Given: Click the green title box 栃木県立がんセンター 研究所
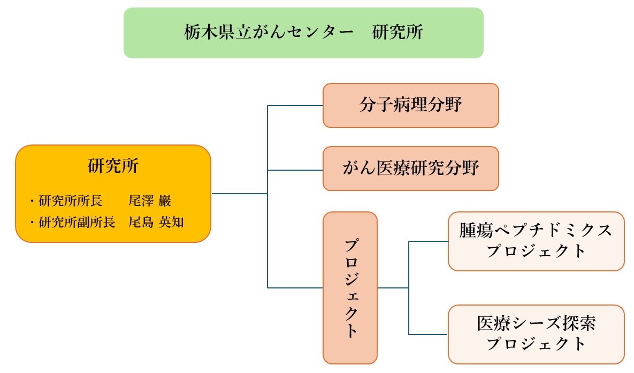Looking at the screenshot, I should pyautogui.click(x=303, y=33).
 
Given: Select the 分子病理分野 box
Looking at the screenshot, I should pyautogui.click(x=410, y=105).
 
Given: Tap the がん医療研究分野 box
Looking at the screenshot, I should pyautogui.click(x=410, y=169).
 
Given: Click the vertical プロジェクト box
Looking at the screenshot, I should pyautogui.click(x=350, y=288).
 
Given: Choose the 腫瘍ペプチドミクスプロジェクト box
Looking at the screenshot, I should pyautogui.click(x=536, y=241).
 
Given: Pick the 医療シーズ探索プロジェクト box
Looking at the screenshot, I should pyautogui.click(x=536, y=334).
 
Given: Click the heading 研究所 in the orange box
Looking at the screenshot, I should pyautogui.click(x=113, y=166).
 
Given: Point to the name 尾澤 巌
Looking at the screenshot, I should pyautogui.click(x=150, y=202).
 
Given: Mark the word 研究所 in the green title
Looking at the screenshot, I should pyautogui.click(x=399, y=33).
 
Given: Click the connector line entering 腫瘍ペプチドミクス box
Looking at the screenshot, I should pyautogui.click(x=428, y=241).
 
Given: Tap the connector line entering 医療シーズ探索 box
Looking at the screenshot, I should pyautogui.click(x=428, y=334).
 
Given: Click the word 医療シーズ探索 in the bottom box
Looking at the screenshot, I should pyautogui.click(x=536, y=324).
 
